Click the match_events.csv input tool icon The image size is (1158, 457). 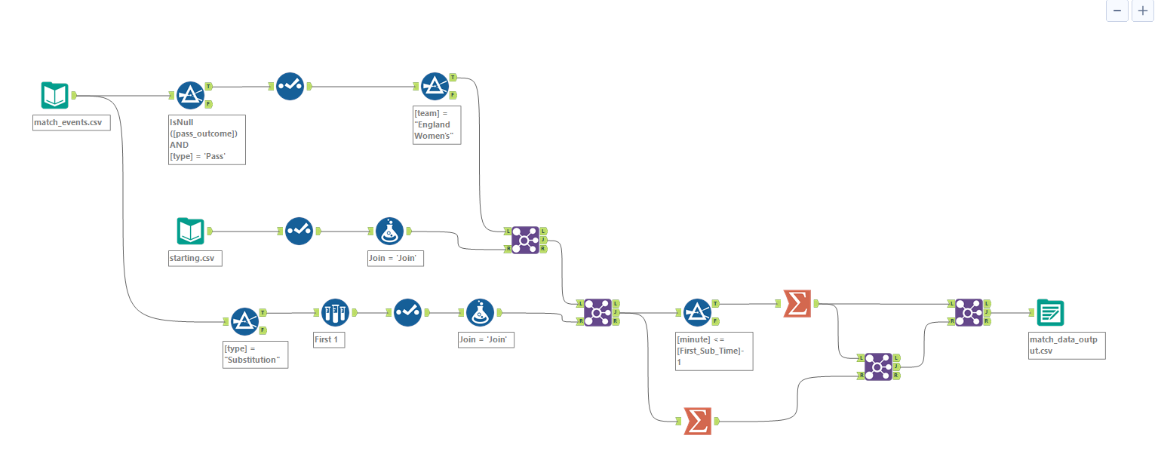coord(54,96)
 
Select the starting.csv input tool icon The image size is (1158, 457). coord(191,231)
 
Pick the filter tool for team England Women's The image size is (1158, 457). coord(434,87)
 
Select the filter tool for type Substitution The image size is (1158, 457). coord(244,321)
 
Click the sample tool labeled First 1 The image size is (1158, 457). coord(335,312)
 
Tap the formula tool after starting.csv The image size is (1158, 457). coord(390,231)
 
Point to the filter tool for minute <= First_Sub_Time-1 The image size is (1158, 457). coord(698,312)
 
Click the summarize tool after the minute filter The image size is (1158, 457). coord(797,303)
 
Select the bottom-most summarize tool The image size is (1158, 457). coord(698,421)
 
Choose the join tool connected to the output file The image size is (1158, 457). coord(969,312)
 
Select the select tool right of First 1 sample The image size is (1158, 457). coord(408,312)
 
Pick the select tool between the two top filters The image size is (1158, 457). coord(290,87)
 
